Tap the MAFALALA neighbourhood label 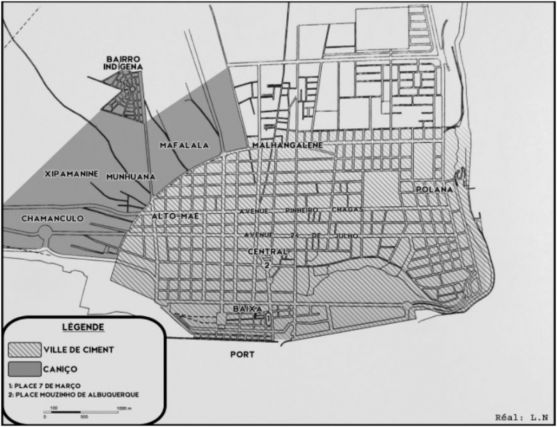click(x=180, y=146)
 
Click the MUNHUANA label click(x=130, y=177)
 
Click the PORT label click(x=243, y=354)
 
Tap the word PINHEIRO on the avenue click(x=301, y=210)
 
